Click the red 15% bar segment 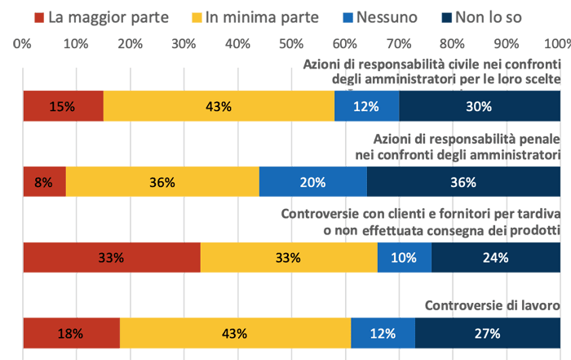pos(63,106)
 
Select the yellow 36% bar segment pos(162,182)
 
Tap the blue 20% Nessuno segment pos(312,182)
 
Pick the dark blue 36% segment pos(463,182)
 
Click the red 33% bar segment pos(111,257)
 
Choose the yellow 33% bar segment pos(289,257)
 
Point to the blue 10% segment pos(404,257)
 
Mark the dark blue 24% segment pos(495,257)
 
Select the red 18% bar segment pos(71,333)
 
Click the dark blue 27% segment pos(487,333)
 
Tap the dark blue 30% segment pos(479,106)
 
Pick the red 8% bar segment pos(44,182)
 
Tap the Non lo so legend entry pos(480,16)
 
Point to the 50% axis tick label pos(290,43)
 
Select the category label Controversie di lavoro pos(493,307)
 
